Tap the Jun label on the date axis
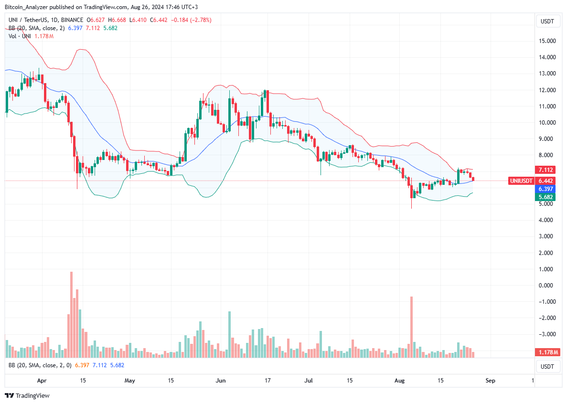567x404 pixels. [221, 381]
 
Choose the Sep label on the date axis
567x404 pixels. [491, 381]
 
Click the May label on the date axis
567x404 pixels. [130, 381]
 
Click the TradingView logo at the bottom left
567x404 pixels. [28, 395]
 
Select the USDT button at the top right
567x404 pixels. [547, 21]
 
